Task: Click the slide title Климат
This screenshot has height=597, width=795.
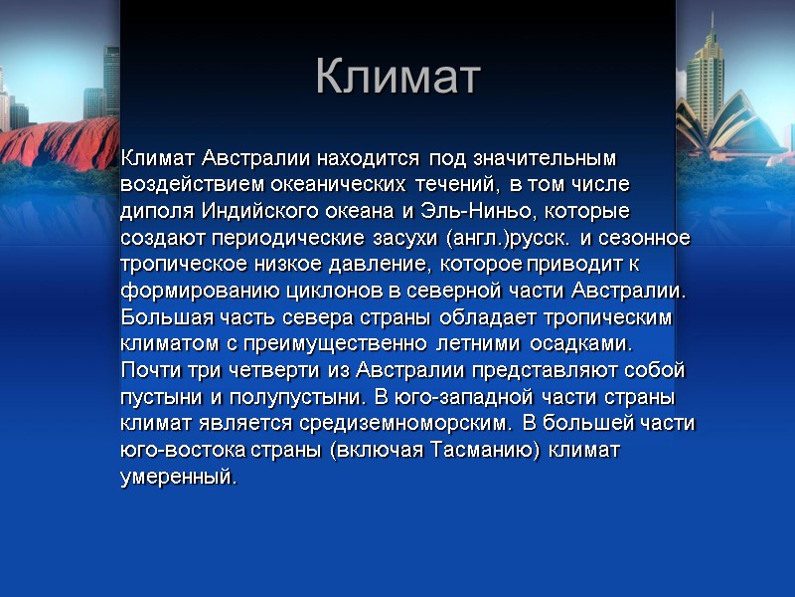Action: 397,77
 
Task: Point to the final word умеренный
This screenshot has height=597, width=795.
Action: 178,478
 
